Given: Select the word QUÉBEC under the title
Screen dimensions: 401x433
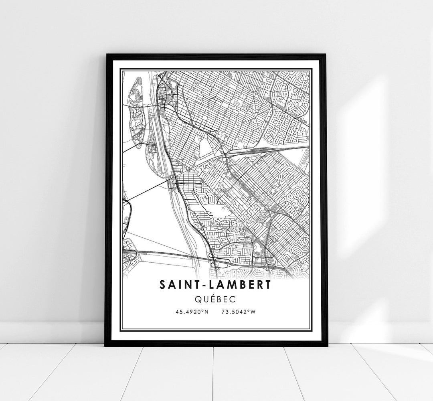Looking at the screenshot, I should coord(216,299).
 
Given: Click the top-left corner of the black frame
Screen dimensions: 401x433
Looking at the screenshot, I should coord(107,55).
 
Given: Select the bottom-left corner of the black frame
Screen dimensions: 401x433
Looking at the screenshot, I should coord(106,345).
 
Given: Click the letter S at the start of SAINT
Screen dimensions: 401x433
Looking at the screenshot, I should coord(162,285).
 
